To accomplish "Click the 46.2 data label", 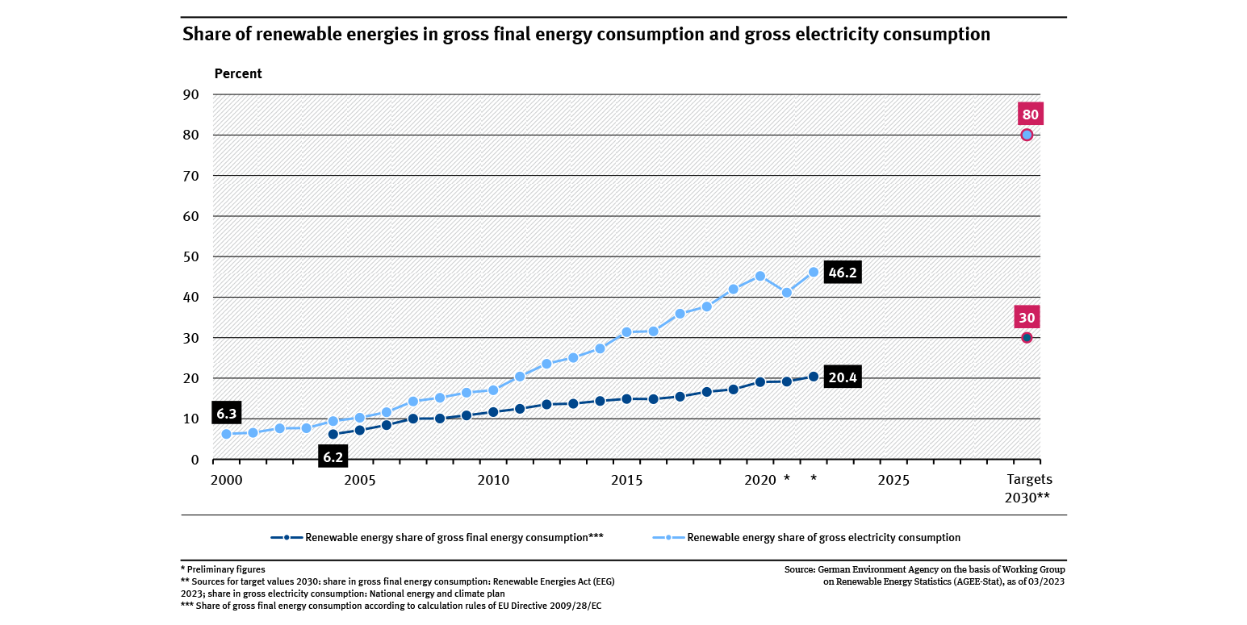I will [x=843, y=273].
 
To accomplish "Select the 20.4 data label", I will [x=843, y=377].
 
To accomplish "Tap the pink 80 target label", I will [x=1030, y=114].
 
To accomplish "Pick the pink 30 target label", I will [x=1027, y=317].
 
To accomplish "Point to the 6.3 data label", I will [x=227, y=414].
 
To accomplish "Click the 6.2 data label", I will [x=333, y=457].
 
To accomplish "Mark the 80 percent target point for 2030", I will [x=1027, y=135].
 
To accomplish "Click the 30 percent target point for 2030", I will [x=1027, y=337].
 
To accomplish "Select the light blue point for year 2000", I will [x=227, y=434].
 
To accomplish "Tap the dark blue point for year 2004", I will [x=333, y=434].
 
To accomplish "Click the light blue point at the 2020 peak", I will [x=759, y=276].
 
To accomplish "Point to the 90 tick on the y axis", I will [x=190, y=94].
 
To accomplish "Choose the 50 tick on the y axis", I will [x=190, y=256].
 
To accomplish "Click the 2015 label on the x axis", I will [x=626, y=480].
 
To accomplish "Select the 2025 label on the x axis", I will [x=893, y=480].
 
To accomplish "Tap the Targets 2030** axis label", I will [x=1027, y=488].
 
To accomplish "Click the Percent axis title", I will [x=238, y=73].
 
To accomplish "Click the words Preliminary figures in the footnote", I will [x=225, y=569].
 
